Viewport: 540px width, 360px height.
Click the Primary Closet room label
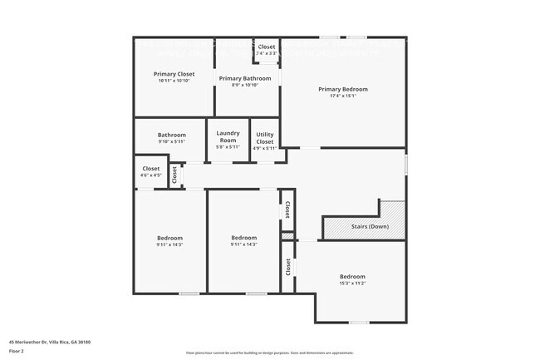coord(174,74)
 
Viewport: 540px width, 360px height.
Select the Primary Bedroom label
coord(343,89)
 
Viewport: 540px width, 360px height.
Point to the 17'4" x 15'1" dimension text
coord(343,96)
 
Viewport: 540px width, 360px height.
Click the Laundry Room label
coord(228,137)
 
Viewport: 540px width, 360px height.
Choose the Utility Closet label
coord(264,138)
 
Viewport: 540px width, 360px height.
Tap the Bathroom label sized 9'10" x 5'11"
coord(172,135)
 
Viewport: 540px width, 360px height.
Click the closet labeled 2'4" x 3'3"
coord(267,47)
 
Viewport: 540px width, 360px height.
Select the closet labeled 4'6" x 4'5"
coord(151,169)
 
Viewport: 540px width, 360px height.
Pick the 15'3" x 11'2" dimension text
coord(351,283)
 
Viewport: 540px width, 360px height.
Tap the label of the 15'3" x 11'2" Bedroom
coord(351,276)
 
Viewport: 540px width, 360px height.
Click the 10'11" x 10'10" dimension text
coord(174,81)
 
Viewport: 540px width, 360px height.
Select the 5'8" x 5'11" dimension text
coord(228,147)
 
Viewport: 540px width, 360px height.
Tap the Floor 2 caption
coord(17,352)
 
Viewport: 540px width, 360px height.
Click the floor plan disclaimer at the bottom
coord(269,353)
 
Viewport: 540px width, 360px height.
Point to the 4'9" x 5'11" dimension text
coord(264,148)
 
